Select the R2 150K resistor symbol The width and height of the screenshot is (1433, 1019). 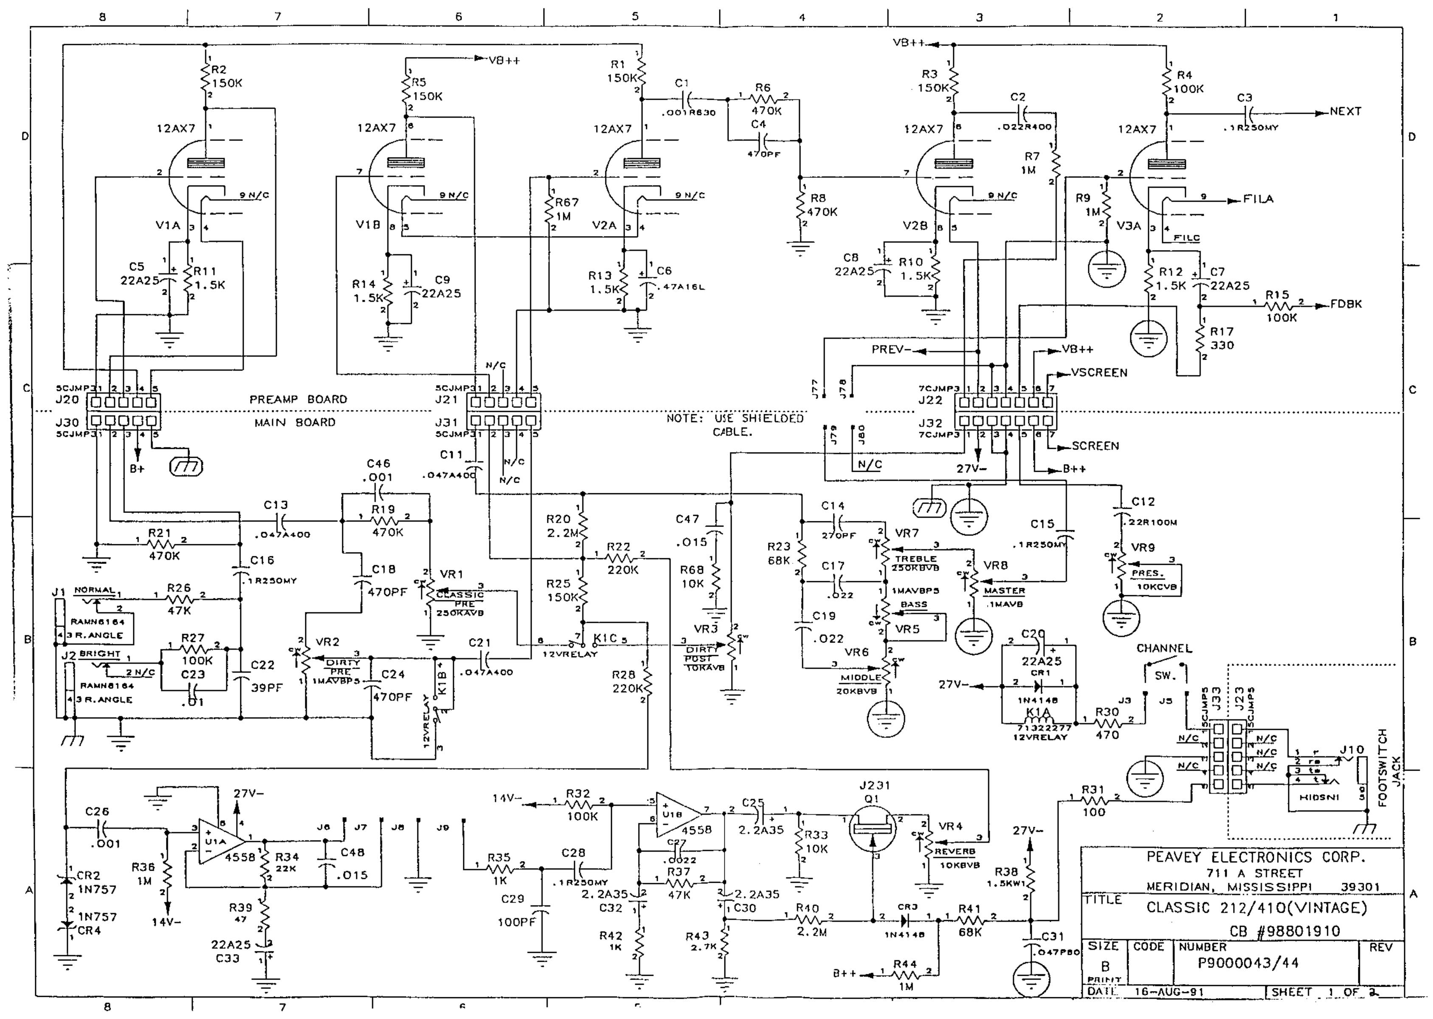click(x=206, y=76)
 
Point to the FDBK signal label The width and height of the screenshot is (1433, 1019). click(x=1346, y=304)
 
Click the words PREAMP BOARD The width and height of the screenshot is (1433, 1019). click(x=298, y=400)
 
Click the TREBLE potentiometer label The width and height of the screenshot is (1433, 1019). click(x=915, y=558)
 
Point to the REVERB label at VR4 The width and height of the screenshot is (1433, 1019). click(x=955, y=851)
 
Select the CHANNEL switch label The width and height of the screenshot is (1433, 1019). click(x=1164, y=648)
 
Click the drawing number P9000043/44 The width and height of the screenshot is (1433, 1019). click(x=1248, y=963)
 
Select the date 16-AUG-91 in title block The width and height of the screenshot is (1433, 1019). click(x=1169, y=992)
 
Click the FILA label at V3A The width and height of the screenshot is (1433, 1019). click(x=1258, y=200)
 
